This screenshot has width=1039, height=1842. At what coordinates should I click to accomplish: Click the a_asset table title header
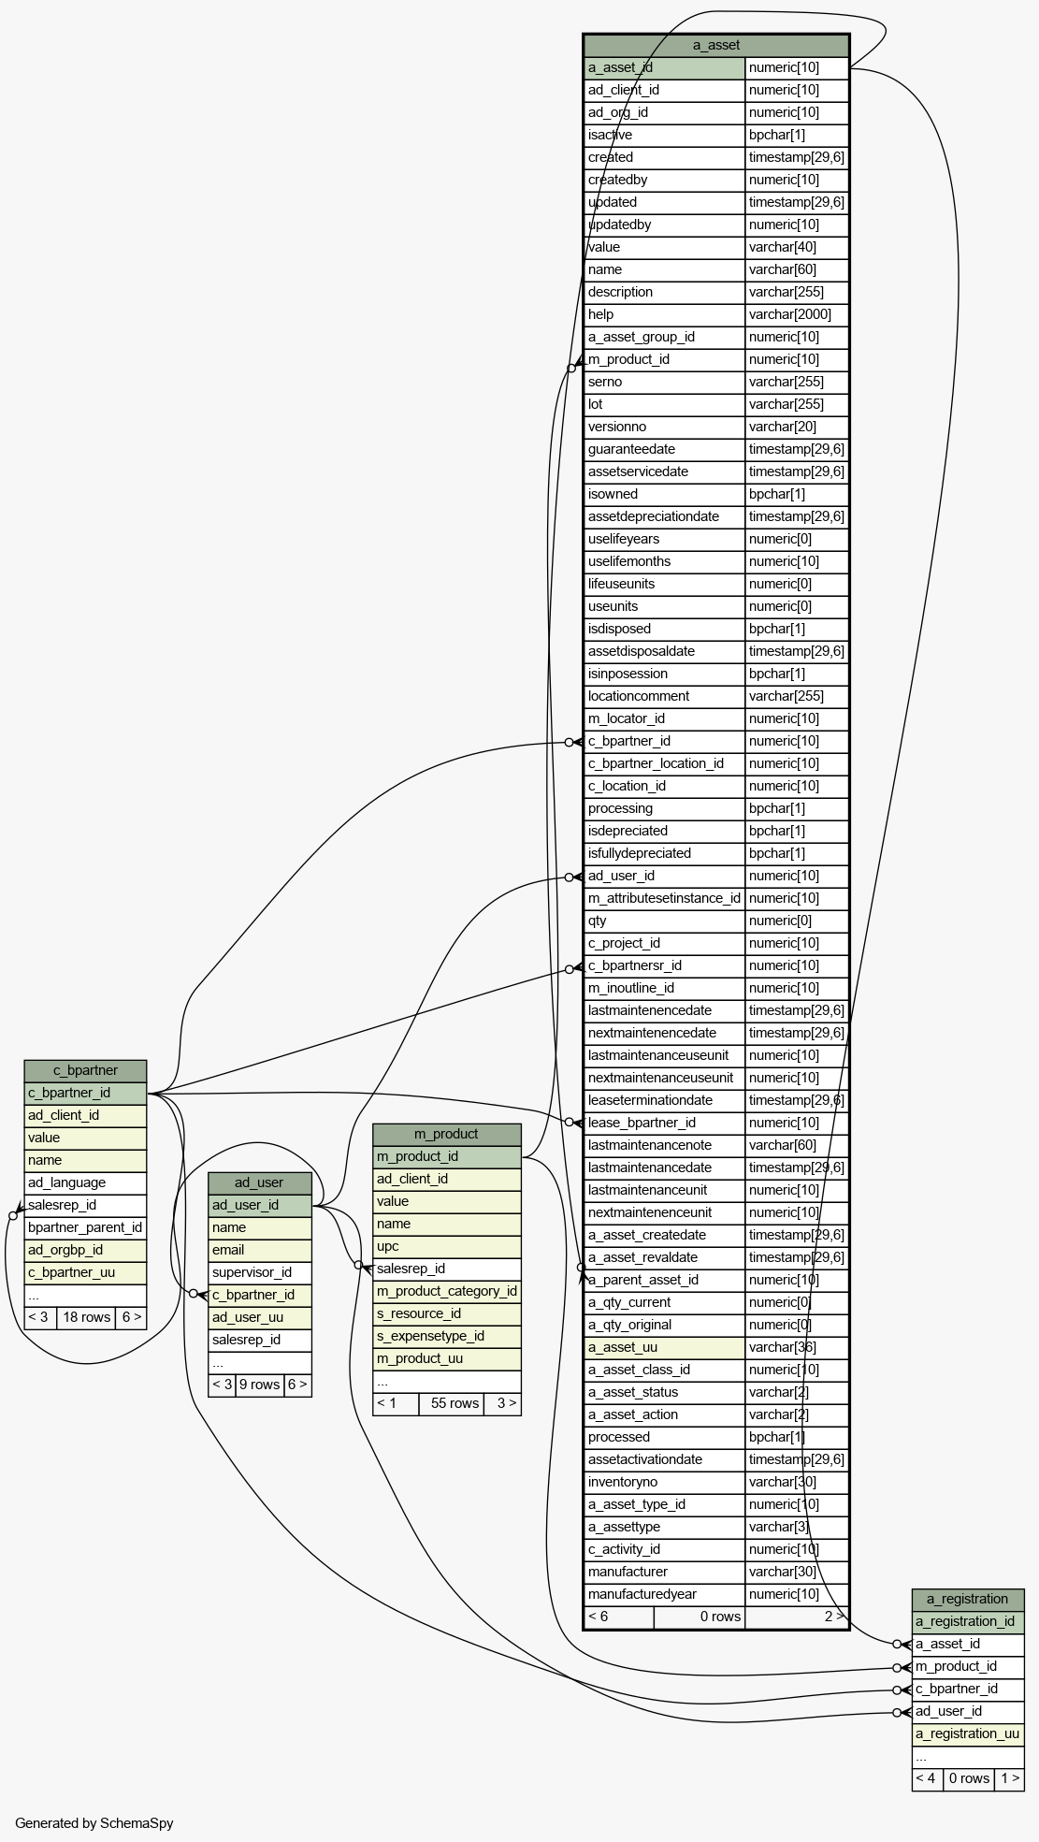[x=716, y=45]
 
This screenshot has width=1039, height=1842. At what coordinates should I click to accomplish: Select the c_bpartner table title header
[x=85, y=1070]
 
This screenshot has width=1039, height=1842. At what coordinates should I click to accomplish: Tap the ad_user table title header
[x=259, y=1182]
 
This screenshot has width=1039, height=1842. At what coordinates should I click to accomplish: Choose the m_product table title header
[x=446, y=1134]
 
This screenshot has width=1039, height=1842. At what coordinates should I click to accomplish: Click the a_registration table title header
[x=968, y=1599]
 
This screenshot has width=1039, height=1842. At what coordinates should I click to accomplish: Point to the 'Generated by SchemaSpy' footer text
[x=94, y=1822]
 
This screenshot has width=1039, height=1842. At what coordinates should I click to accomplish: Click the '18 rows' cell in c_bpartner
[x=86, y=1317]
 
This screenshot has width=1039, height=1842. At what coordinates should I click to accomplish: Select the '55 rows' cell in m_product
[x=452, y=1403]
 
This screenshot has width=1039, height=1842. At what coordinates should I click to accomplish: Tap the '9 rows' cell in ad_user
[x=260, y=1385]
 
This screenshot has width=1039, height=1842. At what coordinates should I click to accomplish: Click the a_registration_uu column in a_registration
[x=968, y=1733]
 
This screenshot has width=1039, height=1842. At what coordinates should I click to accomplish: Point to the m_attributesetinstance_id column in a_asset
[x=665, y=898]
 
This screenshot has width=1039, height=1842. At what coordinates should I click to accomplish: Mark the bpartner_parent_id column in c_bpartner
[x=85, y=1227]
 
